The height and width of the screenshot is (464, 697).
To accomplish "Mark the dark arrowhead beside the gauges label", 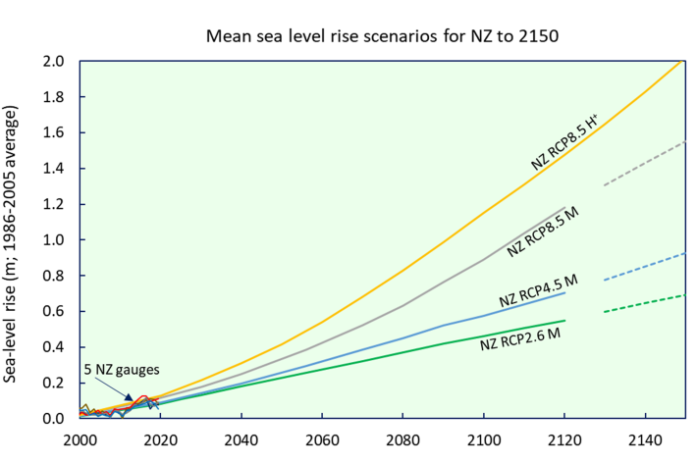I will (129, 396).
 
